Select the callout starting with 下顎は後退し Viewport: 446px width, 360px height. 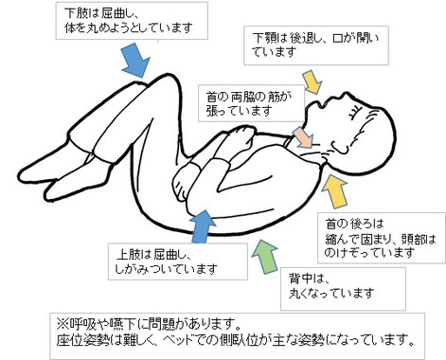click(x=304, y=43)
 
